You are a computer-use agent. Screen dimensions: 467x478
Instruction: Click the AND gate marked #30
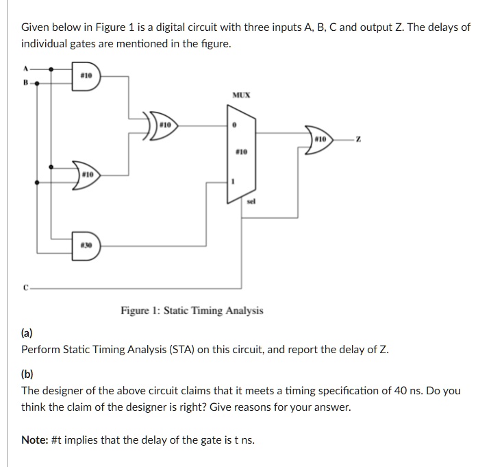(x=85, y=246)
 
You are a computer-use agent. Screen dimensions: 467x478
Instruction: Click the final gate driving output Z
(x=318, y=140)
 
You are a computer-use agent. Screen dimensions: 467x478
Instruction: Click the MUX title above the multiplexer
(x=240, y=95)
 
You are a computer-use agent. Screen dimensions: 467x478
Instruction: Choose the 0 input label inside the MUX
(x=234, y=126)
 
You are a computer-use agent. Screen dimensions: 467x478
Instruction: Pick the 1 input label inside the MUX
(x=234, y=182)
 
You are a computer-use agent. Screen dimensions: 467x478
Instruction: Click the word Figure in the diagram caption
(x=136, y=311)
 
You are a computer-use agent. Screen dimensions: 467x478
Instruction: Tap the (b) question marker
(x=27, y=374)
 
